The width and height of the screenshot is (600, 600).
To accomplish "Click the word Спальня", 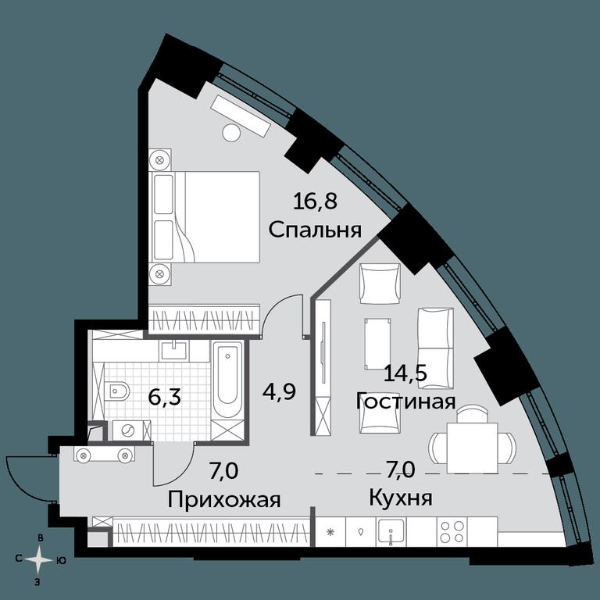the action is click(x=315, y=230).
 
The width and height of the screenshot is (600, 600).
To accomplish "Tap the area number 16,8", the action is click(x=315, y=201).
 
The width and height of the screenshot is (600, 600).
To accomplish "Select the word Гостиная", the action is click(x=405, y=402).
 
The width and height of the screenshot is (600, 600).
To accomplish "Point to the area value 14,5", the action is click(x=405, y=373).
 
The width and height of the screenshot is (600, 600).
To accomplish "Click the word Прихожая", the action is click(x=224, y=500).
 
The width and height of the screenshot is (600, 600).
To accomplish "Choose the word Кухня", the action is click(x=401, y=498).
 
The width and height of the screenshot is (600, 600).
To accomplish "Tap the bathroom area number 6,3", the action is click(x=164, y=398).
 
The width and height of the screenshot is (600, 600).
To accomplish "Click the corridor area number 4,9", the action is click(x=279, y=391).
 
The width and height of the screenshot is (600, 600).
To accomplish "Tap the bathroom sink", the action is click(x=174, y=351).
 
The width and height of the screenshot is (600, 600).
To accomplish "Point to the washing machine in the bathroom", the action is click(x=128, y=430).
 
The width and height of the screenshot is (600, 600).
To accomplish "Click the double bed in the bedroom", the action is click(x=206, y=216).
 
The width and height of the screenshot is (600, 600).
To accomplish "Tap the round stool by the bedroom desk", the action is click(x=231, y=133).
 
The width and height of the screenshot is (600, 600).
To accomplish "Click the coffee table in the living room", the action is click(x=378, y=345).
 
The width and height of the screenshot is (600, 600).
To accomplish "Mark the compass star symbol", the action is click(x=38, y=560).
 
